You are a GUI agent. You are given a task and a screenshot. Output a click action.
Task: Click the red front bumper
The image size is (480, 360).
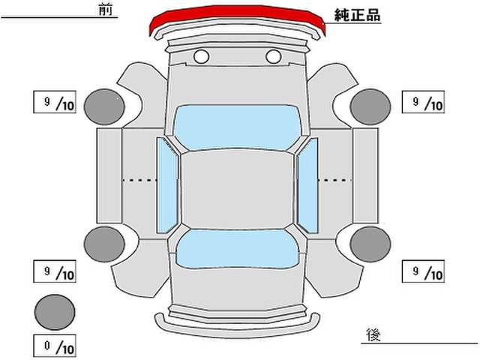[x=237, y=12]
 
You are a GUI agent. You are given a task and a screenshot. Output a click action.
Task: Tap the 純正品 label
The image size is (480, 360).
[x=357, y=15]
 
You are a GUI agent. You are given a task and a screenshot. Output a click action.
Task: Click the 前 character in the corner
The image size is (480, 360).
[x=106, y=10]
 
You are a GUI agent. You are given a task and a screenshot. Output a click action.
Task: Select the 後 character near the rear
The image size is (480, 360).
[x=373, y=334]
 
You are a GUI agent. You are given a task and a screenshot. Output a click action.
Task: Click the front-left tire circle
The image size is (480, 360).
[x=104, y=106]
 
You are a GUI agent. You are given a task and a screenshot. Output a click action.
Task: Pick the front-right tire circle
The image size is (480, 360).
[x=370, y=106]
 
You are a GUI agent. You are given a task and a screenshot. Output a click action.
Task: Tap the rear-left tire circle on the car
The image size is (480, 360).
[x=104, y=244]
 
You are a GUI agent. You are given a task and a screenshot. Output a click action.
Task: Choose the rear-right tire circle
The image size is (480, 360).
[x=370, y=244]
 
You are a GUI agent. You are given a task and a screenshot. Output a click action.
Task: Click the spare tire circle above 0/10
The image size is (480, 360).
[x=55, y=312]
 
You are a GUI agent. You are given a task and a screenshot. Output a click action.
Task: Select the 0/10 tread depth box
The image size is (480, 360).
[x=55, y=346]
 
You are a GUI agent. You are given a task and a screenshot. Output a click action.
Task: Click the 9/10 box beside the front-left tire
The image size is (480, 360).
[x=55, y=102]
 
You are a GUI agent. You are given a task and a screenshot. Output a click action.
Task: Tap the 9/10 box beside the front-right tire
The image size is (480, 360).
[x=423, y=102]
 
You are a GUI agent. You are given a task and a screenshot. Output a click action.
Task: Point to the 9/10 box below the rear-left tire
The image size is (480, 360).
[x=55, y=271]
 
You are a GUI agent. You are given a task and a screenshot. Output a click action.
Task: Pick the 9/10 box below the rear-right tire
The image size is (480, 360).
[x=423, y=271]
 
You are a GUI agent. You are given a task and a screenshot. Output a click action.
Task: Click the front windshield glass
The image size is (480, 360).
[x=238, y=127]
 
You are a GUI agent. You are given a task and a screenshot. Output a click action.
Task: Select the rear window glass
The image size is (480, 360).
[x=238, y=249]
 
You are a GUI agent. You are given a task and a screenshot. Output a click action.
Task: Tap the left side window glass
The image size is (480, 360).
[x=166, y=185]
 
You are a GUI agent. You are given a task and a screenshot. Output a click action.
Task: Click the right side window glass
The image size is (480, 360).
[x=307, y=185]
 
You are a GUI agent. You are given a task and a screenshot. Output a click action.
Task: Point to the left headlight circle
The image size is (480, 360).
[x=202, y=57]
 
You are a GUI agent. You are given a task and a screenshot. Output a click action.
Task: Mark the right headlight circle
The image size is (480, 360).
[x=273, y=57]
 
